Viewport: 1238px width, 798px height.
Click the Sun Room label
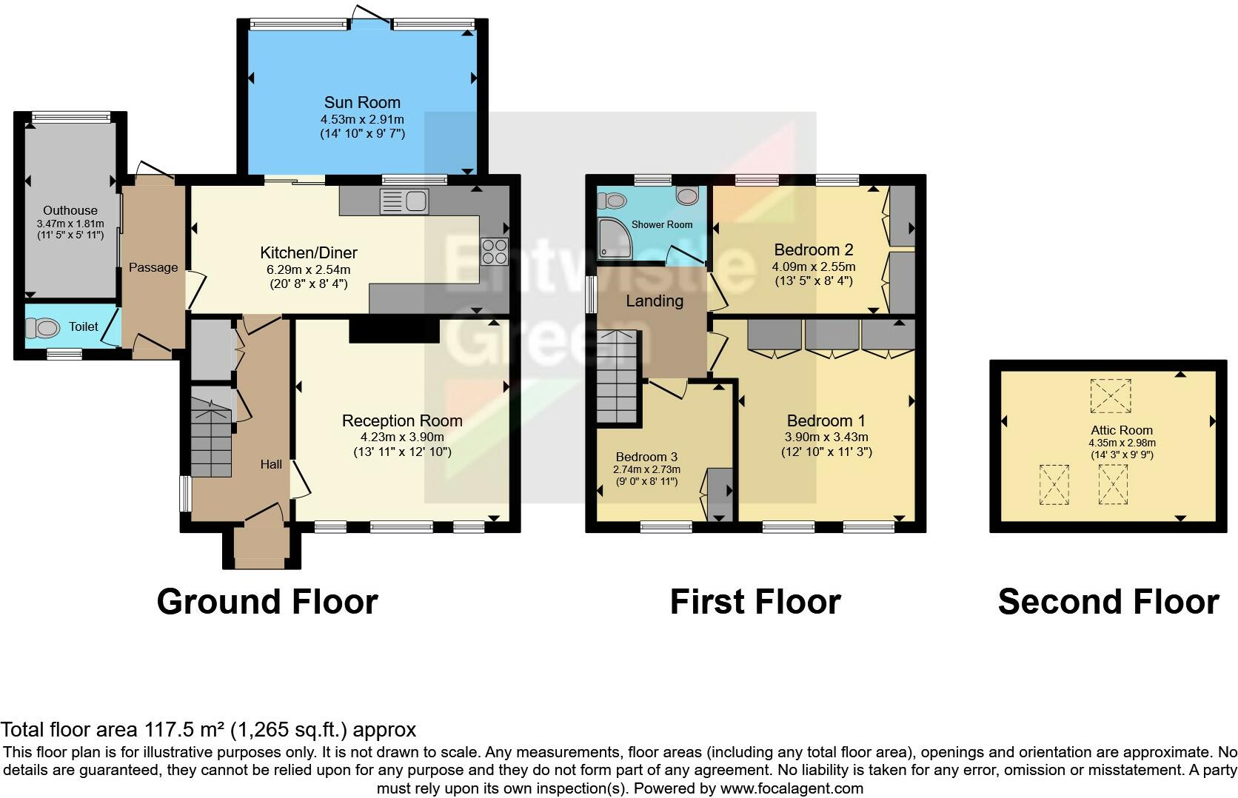click(362, 102)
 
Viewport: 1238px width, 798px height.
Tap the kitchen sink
click(404, 201)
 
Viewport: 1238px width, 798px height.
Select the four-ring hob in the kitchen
click(494, 252)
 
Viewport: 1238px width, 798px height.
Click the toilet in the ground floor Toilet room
click(42, 328)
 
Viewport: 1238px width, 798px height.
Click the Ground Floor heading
click(267, 602)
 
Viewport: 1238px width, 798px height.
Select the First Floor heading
click(755, 602)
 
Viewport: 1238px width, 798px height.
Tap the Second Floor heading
click(1108, 602)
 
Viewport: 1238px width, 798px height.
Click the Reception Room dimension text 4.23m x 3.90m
click(402, 437)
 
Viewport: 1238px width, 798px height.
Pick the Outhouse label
click(70, 210)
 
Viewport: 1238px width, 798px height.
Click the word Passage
click(153, 267)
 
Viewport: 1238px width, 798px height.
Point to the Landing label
click(655, 301)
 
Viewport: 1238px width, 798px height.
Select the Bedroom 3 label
click(646, 457)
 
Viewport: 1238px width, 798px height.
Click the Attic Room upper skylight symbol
click(1111, 396)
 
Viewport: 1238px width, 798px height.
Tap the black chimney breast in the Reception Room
click(394, 329)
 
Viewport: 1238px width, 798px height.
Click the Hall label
click(271, 464)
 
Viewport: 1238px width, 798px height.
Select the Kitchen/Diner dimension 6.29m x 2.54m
click(309, 269)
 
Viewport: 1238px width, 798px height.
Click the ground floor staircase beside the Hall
click(211, 432)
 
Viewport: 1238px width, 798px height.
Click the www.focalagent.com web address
click(792, 788)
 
